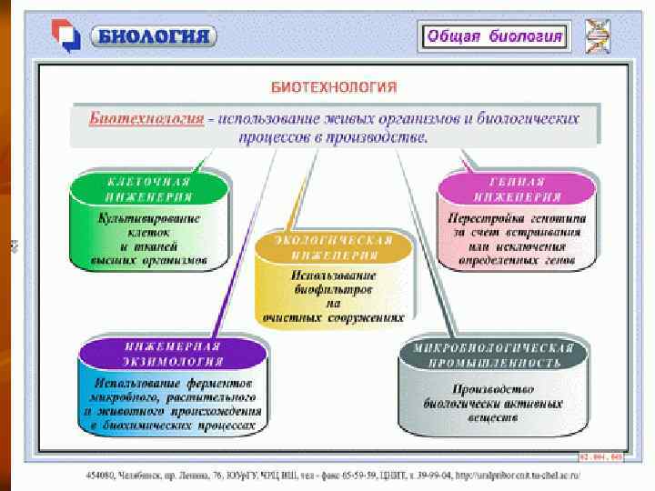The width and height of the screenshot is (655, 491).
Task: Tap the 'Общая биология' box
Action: (x=494, y=37)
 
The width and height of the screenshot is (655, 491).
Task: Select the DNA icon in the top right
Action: (x=599, y=36)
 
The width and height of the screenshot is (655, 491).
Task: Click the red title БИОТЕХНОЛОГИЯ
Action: (x=335, y=87)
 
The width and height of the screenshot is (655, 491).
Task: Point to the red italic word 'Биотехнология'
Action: (x=146, y=119)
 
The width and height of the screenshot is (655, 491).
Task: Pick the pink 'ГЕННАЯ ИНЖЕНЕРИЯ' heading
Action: (x=517, y=188)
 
